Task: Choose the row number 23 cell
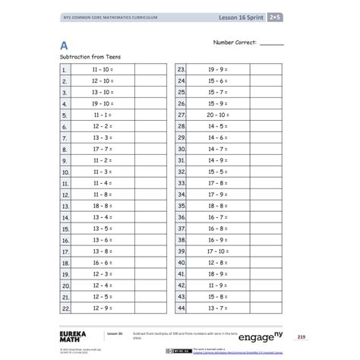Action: coord(182,68)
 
